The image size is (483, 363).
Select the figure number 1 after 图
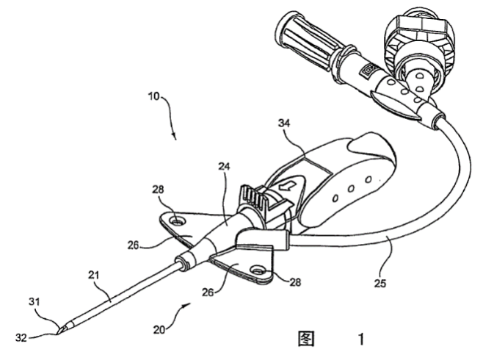360,339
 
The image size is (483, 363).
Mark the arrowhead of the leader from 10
173,137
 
